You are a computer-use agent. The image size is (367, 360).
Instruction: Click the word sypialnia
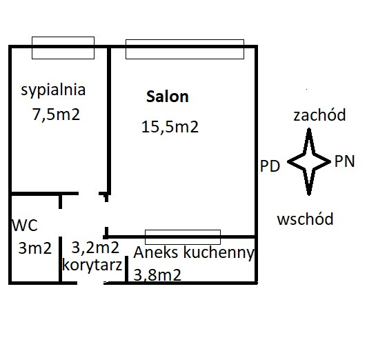53,90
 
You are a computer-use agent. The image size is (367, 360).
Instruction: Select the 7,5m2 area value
56,114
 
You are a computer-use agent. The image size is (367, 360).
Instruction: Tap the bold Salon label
168,97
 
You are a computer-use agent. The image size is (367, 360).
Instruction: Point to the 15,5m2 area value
170,127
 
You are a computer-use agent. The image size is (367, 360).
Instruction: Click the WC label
25,226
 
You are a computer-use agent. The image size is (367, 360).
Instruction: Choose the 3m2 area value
35,248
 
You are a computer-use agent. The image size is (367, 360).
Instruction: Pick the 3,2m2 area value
95,248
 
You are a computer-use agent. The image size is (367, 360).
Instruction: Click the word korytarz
92,265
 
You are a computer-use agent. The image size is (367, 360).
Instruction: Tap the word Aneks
156,252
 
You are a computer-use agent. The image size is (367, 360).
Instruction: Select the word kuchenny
219,253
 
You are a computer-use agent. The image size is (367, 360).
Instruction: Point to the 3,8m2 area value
157,274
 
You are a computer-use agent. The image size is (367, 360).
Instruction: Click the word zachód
319,114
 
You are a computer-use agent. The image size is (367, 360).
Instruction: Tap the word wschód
305,219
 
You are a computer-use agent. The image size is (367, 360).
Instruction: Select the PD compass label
270,166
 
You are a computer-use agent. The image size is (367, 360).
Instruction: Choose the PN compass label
344,161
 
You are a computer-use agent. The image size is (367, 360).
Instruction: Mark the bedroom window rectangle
63,37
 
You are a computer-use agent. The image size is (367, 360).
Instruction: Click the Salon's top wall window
185,40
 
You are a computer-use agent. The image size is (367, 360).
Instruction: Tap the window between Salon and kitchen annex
183,230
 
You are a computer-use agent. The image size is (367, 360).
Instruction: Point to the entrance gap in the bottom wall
90,283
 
